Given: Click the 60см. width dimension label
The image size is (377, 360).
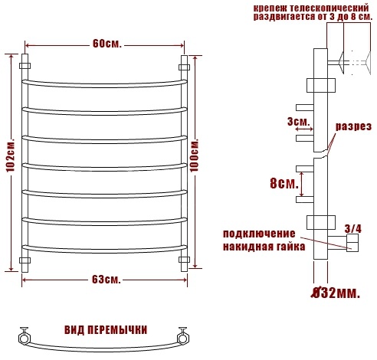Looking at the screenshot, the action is (107, 44).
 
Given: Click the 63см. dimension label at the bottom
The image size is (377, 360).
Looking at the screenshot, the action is (106, 280).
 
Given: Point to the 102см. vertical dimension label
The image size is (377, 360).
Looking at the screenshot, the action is (11, 155).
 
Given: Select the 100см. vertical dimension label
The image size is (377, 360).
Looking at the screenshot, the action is (195, 155).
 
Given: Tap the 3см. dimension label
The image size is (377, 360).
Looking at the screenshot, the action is (298, 122).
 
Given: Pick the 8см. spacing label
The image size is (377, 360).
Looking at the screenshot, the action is (284, 183).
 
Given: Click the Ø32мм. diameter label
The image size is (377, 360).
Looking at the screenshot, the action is (336, 293).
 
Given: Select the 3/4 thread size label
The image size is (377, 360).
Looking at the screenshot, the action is (353, 229).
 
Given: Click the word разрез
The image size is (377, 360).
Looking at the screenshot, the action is (353, 126).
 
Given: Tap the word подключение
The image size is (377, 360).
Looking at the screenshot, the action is (259, 234).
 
